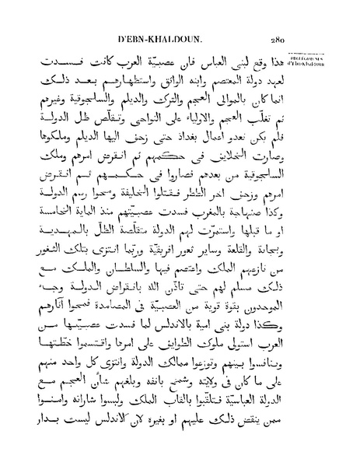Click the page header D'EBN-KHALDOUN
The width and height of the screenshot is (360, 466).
click(x=159, y=39)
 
